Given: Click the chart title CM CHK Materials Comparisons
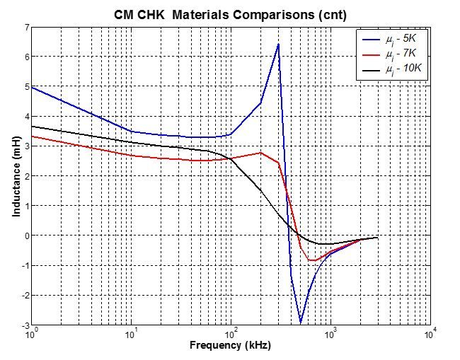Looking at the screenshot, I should tap(229, 13).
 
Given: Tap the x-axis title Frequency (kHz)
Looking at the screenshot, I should tap(230, 345).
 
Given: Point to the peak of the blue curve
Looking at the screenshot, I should tap(278, 44).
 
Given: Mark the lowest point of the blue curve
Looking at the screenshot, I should tap(301, 323).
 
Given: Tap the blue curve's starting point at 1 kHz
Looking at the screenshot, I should tap(32, 86).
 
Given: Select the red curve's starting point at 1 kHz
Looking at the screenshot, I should tap(32, 136).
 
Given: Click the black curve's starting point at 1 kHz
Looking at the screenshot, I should tap(32, 126).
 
